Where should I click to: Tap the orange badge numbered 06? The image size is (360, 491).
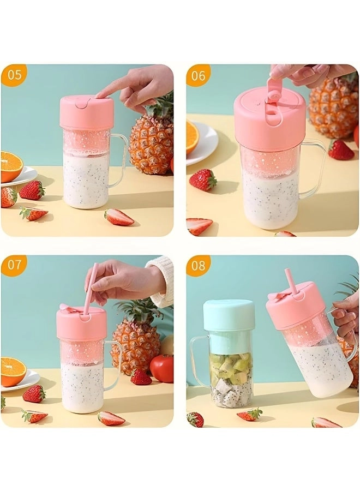(x=199, y=75)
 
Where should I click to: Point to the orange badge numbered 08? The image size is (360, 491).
(x=199, y=266)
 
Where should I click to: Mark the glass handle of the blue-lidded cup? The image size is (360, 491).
(x=199, y=360)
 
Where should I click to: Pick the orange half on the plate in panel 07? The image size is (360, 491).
(x=13, y=371)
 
